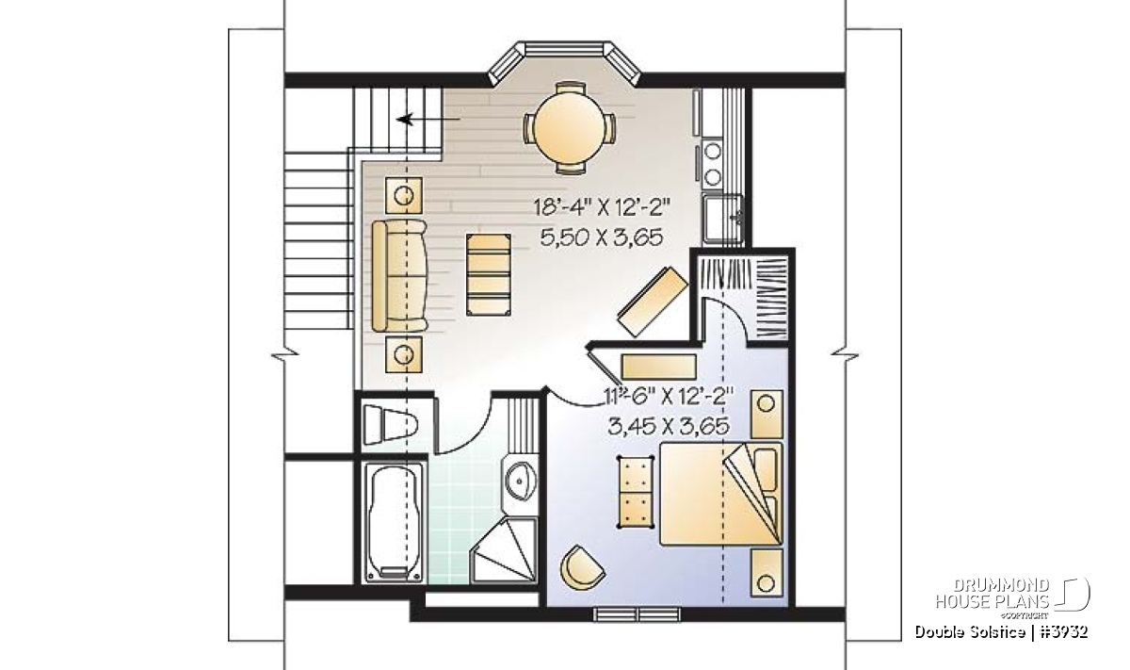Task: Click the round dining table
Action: tap(569, 128)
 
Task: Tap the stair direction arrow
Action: tap(428, 120)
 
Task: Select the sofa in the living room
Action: tap(399, 276)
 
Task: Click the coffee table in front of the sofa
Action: tap(489, 274)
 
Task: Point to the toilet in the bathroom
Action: tap(390, 425)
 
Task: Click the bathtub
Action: tap(394, 523)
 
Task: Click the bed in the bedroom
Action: tap(721, 494)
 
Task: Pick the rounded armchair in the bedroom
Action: tap(583, 567)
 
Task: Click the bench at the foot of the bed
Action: tap(635, 491)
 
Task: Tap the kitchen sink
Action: tap(723, 221)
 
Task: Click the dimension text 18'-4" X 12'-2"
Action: tap(602, 207)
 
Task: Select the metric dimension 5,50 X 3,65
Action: tap(601, 237)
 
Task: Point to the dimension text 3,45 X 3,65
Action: tap(669, 427)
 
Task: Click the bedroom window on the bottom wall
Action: tap(637, 614)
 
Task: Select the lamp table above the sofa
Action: tap(404, 195)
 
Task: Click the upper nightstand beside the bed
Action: tap(767, 413)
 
